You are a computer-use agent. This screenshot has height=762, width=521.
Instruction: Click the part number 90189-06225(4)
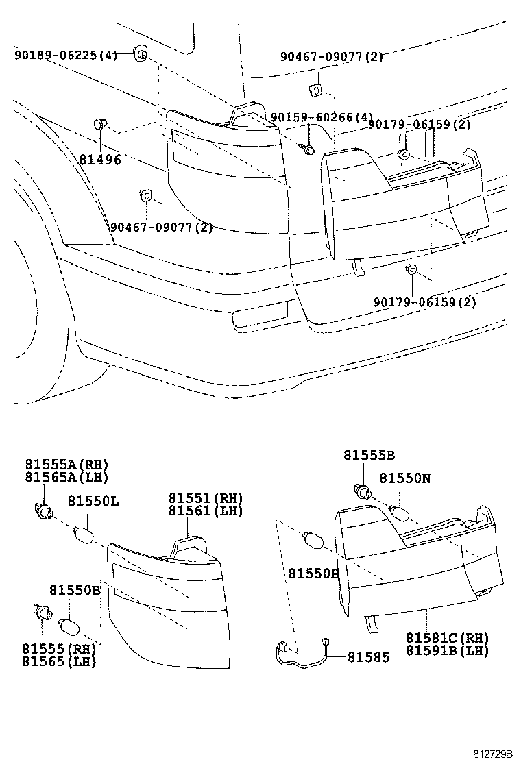pyautogui.click(x=66, y=56)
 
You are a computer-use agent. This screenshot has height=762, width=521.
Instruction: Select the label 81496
pyautogui.click(x=99, y=160)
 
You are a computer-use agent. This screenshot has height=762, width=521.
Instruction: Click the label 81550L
pyautogui.click(x=93, y=502)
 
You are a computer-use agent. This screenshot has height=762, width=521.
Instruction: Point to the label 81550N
pyautogui.click(x=405, y=479)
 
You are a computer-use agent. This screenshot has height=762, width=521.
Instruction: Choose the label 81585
pyautogui.click(x=368, y=657)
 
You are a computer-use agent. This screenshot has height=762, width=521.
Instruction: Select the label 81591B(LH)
pyautogui.click(x=447, y=651)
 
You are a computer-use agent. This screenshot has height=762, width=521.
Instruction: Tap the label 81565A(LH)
pyautogui.click(x=67, y=478)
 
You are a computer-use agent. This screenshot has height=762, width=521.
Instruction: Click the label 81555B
pyautogui.click(x=369, y=455)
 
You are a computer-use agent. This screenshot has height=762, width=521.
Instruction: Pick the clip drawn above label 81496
pyautogui.click(x=99, y=125)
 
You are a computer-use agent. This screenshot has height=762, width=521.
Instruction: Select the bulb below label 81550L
pyautogui.click(x=84, y=532)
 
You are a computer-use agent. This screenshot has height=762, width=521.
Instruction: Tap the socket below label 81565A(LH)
pyautogui.click(x=44, y=511)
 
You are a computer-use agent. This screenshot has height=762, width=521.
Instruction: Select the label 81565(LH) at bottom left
pyautogui.click(x=59, y=662)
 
